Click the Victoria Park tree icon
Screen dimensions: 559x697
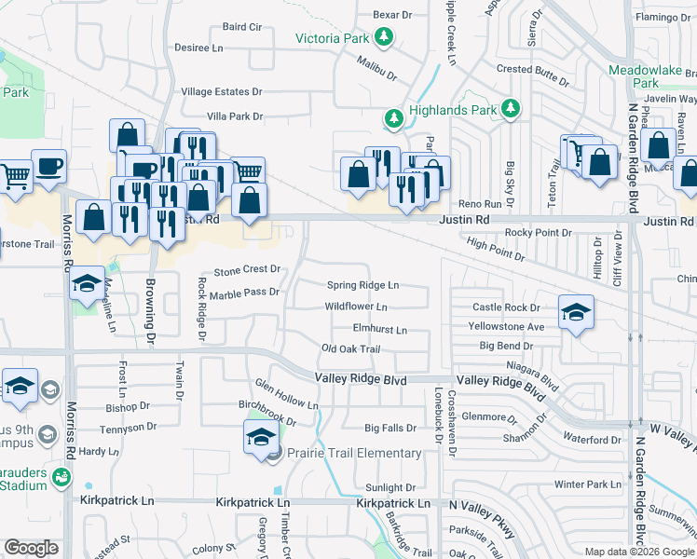coord(383,38)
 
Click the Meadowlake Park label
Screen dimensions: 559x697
coord(646,76)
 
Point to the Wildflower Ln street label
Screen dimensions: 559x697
coord(356,307)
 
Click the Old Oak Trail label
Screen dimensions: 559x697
coord(351,349)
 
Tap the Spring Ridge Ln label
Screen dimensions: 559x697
coord(362,285)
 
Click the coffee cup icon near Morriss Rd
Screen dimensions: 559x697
coord(48,166)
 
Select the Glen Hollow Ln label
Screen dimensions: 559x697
coord(286,397)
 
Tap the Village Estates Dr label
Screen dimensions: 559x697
coord(222,92)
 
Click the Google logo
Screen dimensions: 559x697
coord(31,548)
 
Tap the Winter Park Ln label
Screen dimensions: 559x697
coord(587,484)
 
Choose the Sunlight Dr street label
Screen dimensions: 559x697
coord(390,488)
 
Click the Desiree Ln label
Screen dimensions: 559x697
coord(199,48)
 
